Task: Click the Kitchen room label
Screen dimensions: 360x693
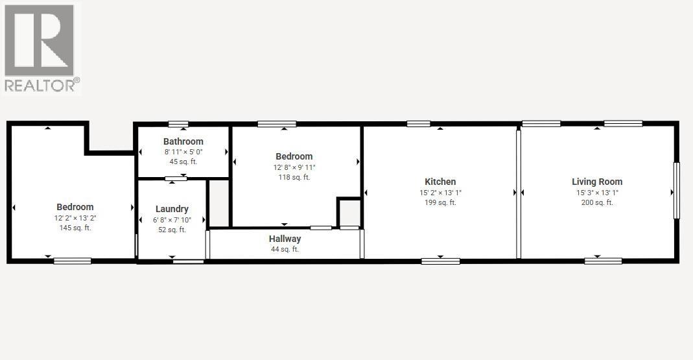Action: [x=440, y=182]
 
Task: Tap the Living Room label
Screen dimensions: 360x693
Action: [x=596, y=182]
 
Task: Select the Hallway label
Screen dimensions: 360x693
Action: [x=285, y=239]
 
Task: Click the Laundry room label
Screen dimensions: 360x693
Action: [x=172, y=209]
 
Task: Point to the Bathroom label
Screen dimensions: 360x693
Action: [x=183, y=141]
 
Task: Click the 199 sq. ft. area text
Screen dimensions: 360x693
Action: [x=440, y=202]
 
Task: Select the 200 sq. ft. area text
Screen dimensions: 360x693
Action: [x=596, y=202]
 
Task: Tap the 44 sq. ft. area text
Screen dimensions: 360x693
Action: [x=285, y=249]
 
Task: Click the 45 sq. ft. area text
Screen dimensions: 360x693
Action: [x=183, y=162]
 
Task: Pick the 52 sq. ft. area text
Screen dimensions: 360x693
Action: [x=172, y=230]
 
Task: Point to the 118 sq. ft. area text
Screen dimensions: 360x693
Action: [x=294, y=177]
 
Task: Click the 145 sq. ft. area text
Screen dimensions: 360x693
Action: [x=75, y=228]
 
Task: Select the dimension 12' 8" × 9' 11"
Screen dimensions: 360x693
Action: [x=294, y=167]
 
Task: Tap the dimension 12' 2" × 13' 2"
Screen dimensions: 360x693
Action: [x=75, y=218]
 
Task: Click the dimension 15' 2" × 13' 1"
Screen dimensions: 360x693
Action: [x=440, y=192]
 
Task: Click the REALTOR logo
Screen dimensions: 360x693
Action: [x=41, y=47]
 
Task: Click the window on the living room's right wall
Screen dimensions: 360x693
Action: [x=676, y=191]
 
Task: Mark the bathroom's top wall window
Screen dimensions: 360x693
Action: [x=178, y=124]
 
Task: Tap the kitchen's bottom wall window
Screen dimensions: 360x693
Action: [x=440, y=261]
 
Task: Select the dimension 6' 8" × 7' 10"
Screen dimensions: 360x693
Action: [x=172, y=219]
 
